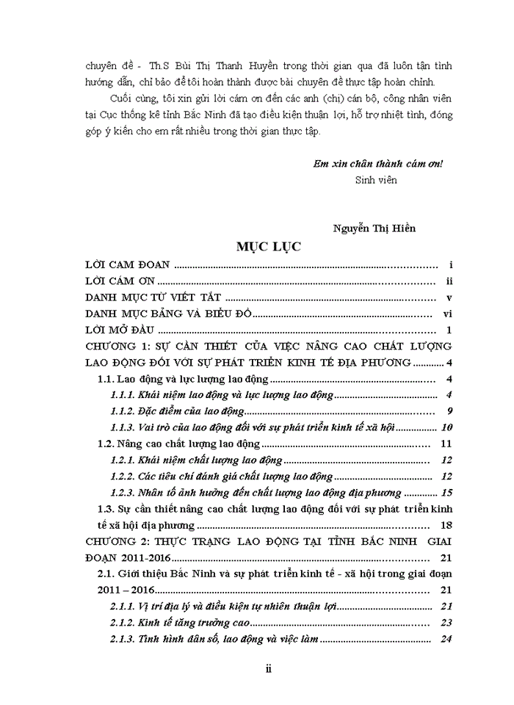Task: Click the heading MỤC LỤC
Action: click(x=268, y=247)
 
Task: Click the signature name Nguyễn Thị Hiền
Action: click(x=374, y=228)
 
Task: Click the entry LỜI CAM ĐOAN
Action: click(x=128, y=264)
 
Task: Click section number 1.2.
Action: click(x=106, y=444)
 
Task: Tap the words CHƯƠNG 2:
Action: click(x=117, y=541)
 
